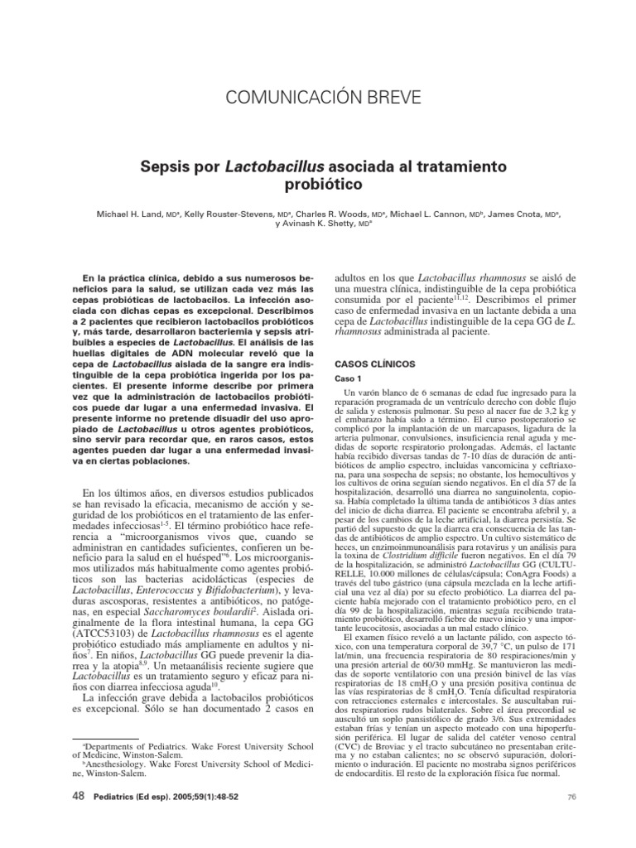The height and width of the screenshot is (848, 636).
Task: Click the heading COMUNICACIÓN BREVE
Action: click(x=318, y=98)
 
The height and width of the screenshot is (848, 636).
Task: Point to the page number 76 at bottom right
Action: click(x=571, y=818)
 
